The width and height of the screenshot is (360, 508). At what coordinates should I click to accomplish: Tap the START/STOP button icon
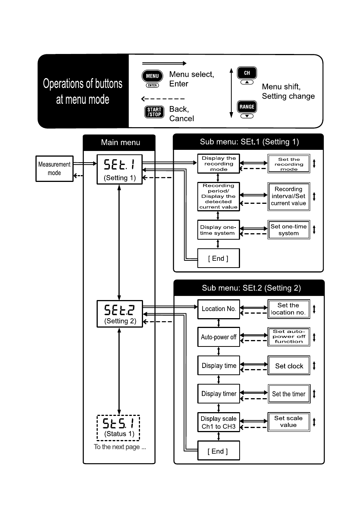[154, 112]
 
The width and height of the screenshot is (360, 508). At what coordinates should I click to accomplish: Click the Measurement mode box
[54, 168]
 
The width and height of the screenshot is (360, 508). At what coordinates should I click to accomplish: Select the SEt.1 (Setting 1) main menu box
[120, 169]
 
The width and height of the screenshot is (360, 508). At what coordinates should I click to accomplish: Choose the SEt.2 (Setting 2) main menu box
[120, 314]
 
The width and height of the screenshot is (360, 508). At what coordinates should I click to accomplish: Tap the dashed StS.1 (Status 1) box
[118, 428]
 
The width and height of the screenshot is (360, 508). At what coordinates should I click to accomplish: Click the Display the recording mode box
[218, 163]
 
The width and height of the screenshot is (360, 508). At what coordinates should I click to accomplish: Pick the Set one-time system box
[289, 229]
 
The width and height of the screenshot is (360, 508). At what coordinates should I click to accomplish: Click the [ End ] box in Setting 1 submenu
[218, 258]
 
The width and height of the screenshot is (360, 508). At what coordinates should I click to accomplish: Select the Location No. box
[218, 309]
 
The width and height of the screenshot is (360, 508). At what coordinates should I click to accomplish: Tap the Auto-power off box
[218, 337]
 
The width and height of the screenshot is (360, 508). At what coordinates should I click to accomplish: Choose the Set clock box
[289, 365]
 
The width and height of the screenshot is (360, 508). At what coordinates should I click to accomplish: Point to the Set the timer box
[289, 394]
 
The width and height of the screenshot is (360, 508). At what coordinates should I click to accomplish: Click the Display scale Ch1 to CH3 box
[218, 422]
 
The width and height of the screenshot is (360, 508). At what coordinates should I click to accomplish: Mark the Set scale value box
[289, 422]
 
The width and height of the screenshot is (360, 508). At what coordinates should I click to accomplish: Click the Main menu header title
[120, 142]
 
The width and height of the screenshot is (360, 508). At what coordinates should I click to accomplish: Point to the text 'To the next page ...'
[120, 447]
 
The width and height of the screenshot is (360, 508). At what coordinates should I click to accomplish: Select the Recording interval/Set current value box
[289, 196]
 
